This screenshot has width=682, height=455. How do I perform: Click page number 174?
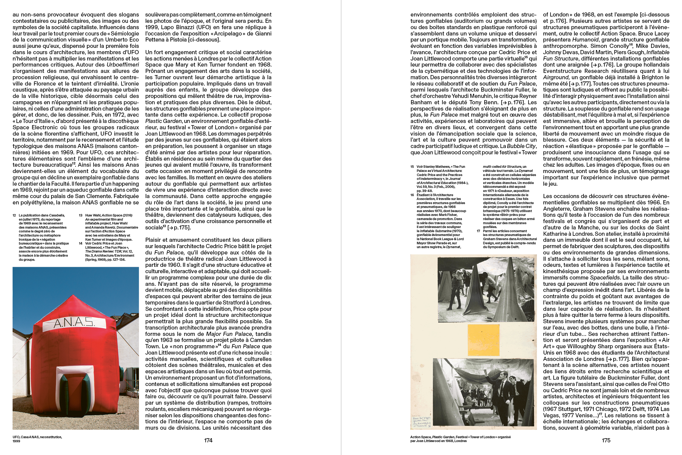pos(208,440)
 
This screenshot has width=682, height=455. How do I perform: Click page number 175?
pos(606,440)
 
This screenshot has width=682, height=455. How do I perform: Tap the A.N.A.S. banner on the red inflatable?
pos(75,324)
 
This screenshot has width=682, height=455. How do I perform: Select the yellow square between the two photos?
pos(483,340)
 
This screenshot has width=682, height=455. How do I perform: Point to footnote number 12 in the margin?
pos(14,215)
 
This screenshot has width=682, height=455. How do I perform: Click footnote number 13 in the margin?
pos(81,215)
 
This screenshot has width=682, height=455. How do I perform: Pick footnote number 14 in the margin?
pos(81,243)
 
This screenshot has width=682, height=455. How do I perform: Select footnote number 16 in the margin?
pos(412,195)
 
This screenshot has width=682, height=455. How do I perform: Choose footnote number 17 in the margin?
pos(478,231)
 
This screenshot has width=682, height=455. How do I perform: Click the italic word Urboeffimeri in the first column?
pos(123,65)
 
